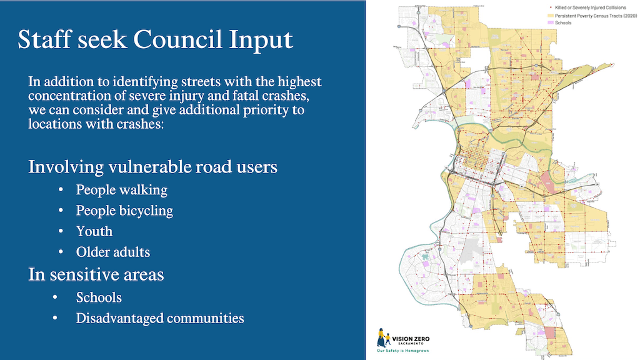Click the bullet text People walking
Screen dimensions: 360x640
tap(122, 189)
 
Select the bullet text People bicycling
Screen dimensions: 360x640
tap(124, 211)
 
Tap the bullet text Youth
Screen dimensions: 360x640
tap(94, 231)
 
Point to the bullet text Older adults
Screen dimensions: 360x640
tap(113, 252)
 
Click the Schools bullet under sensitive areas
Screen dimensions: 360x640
tap(99, 297)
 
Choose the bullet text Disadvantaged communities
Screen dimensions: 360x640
tap(160, 318)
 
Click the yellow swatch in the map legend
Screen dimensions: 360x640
tap(550, 15)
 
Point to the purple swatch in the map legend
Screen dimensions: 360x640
tap(550, 23)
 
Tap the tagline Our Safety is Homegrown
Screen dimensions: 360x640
tap(402, 351)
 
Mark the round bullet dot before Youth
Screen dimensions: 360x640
tap(61, 231)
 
